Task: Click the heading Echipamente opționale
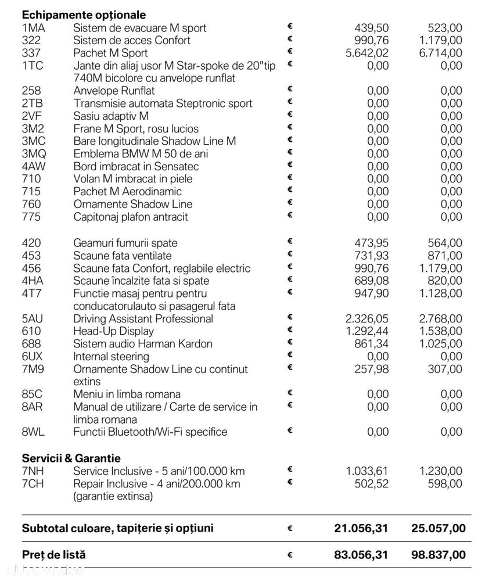tap(84, 15)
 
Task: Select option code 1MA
tap(33, 28)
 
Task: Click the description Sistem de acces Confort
tap(132, 41)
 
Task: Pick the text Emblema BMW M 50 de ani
tap(141, 154)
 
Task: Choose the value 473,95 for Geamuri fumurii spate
tap(372, 243)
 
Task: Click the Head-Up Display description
tap(113, 331)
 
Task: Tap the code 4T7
tap(31, 293)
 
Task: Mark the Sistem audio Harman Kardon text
tap(143, 344)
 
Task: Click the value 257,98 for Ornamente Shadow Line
tap(372, 369)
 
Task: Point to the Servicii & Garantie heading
tap(71, 458)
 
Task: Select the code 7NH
tap(32, 471)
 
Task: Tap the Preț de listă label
tap(53, 555)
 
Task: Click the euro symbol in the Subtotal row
tap(290, 529)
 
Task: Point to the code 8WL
tap(33, 432)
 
